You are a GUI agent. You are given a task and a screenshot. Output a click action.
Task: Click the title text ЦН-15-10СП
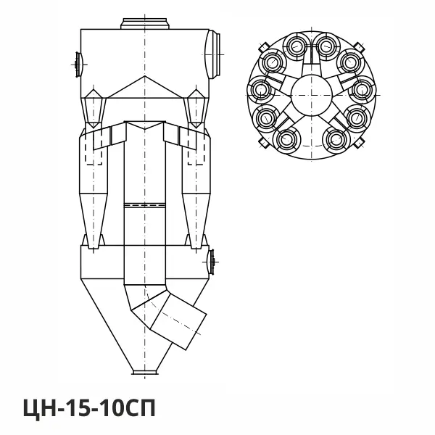pyautogui.click(x=89, y=407)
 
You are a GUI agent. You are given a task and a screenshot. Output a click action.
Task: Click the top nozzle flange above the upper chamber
pyautogui.click(x=145, y=24)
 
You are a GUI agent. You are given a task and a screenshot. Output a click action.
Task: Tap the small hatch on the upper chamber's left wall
pyautogui.click(x=78, y=65)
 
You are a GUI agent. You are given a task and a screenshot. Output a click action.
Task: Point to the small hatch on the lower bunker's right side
pyautogui.click(x=211, y=262)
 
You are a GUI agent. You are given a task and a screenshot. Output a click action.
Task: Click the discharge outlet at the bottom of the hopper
pyautogui.click(x=145, y=372)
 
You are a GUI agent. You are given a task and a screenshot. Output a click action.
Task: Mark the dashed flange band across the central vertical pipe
pyautogui.click(x=144, y=205)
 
